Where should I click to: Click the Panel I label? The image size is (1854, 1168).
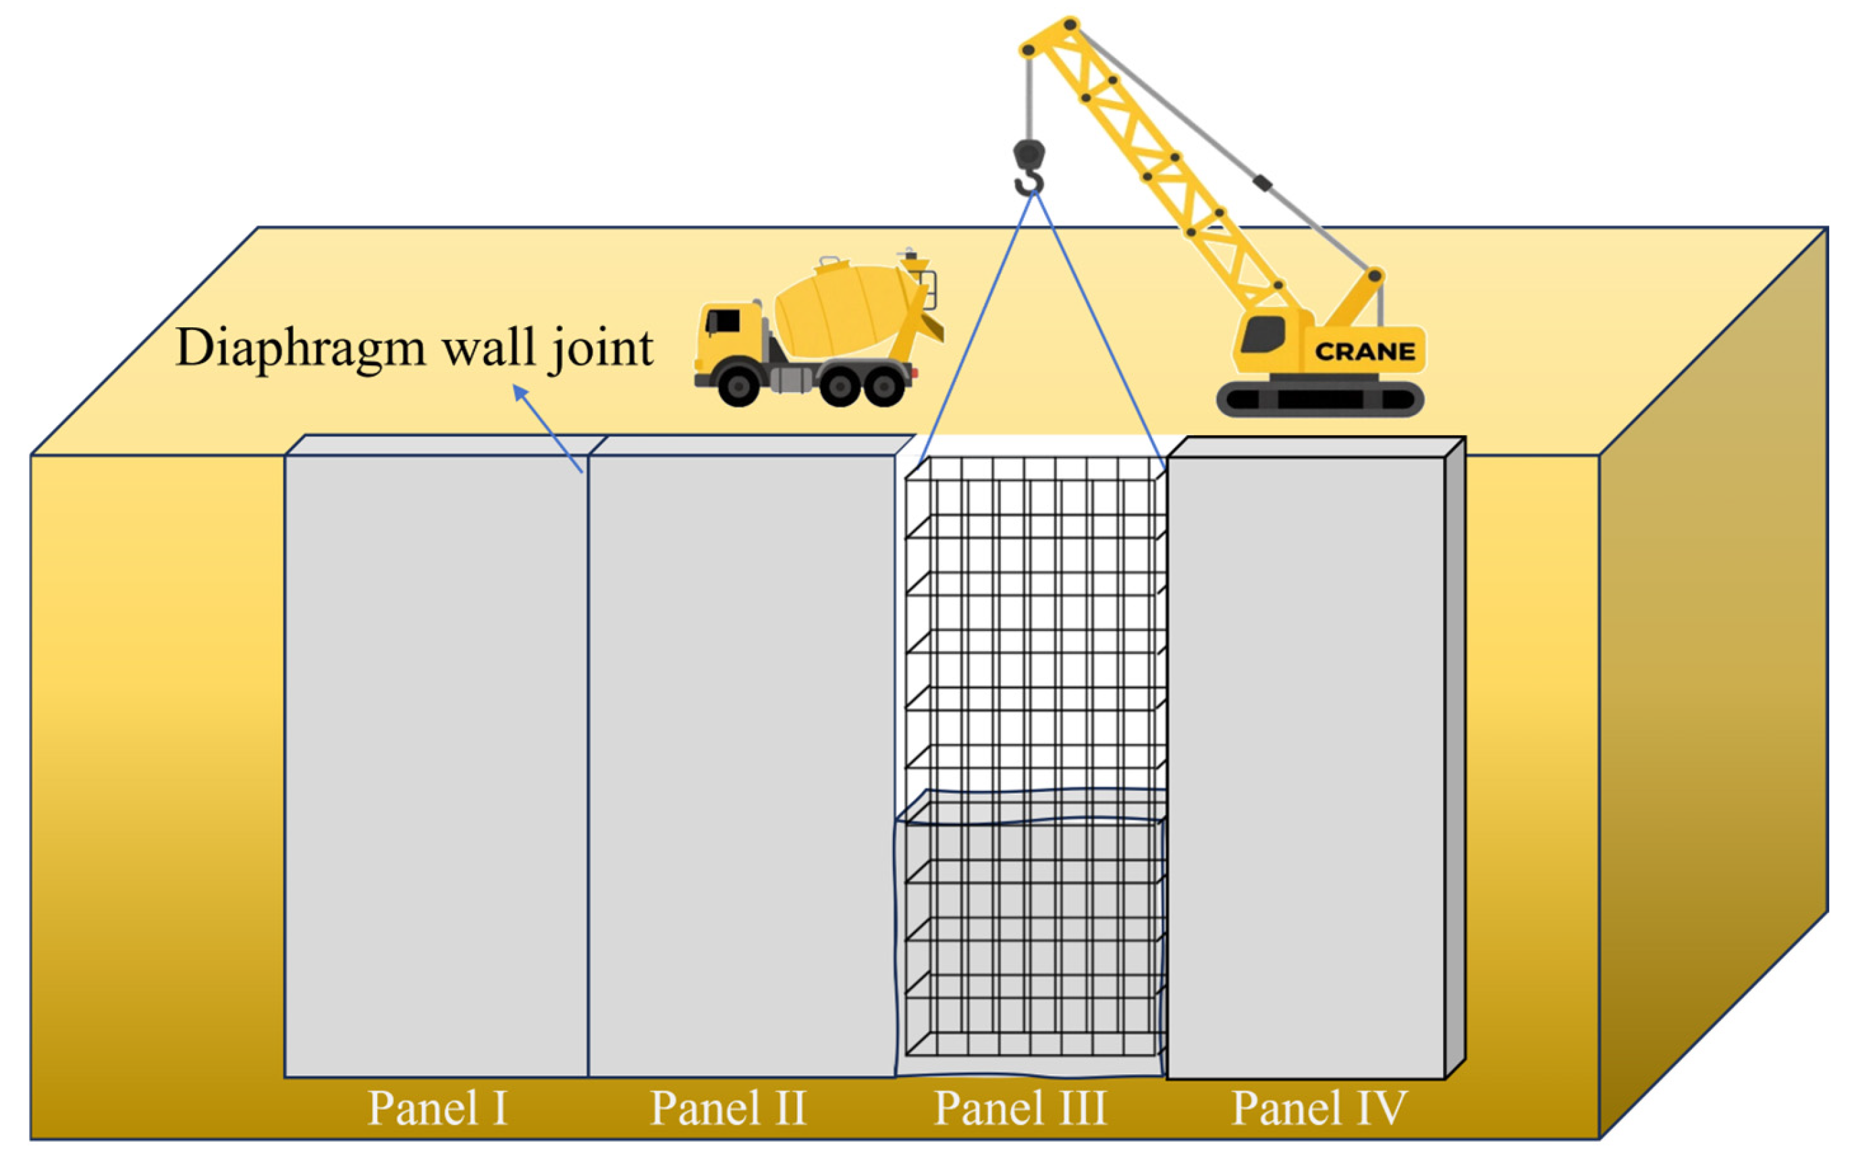tap(437, 1108)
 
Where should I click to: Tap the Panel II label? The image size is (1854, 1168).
tap(728, 1108)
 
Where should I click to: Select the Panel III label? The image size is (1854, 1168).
tap(1020, 1108)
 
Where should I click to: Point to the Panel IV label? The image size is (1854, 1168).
tap(1319, 1108)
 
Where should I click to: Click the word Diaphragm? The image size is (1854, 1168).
tap(300, 349)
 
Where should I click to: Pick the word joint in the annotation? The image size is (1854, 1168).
tap(601, 349)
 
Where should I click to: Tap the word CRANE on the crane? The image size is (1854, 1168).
tap(1364, 352)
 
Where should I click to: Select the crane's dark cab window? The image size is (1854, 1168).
tap(1263, 333)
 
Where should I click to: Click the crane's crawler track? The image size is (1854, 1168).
tap(1319, 399)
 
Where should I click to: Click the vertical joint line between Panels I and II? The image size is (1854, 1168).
tap(589, 770)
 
